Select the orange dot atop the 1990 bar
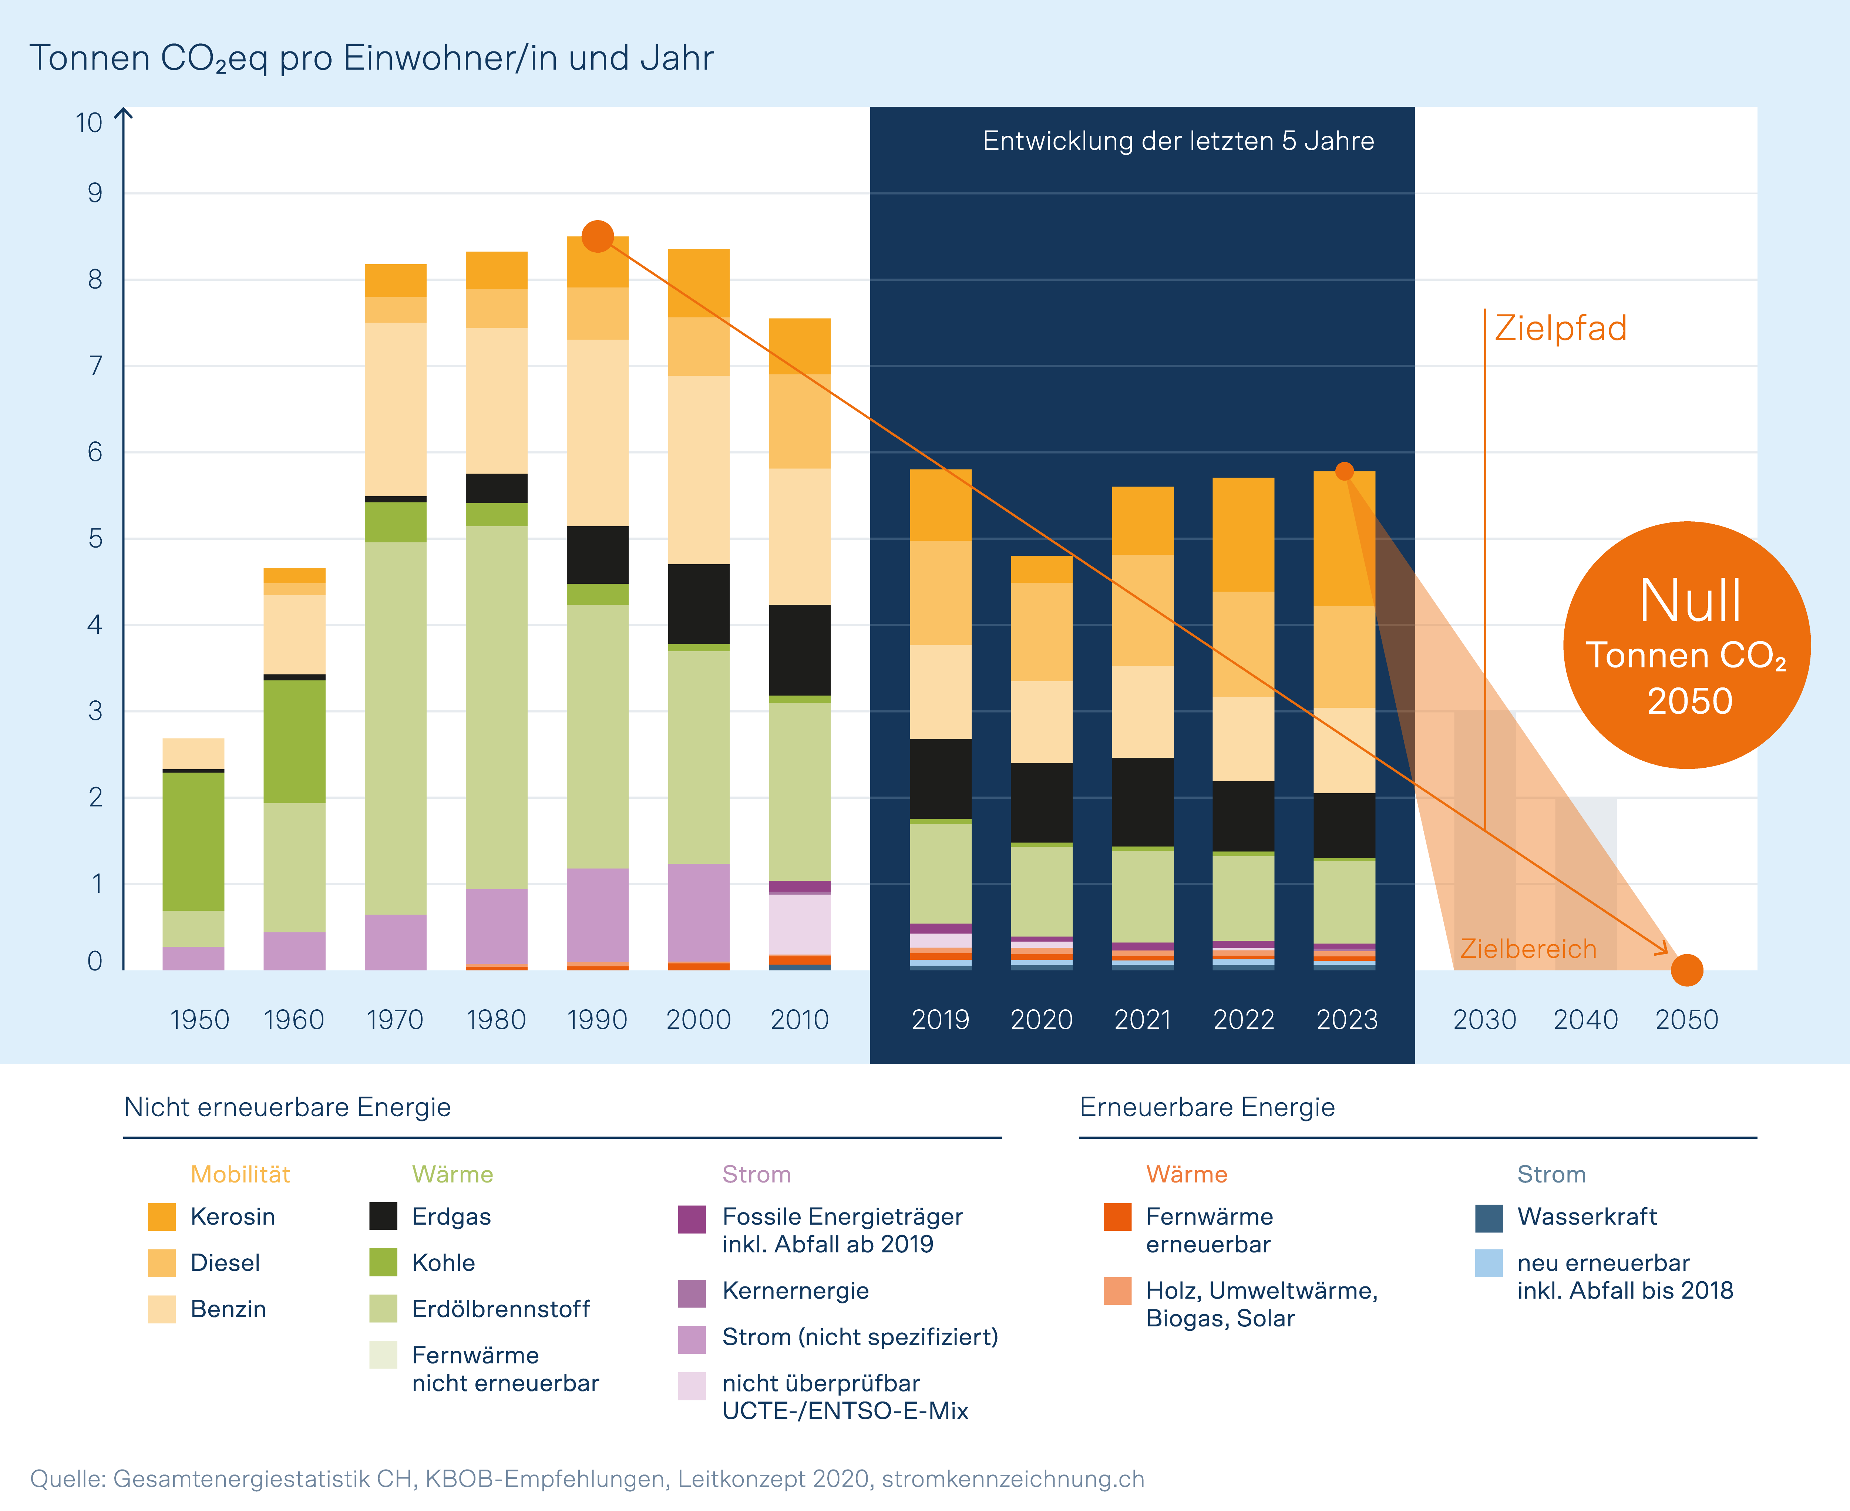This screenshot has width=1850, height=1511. (x=597, y=236)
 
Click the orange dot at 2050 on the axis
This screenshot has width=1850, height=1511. (x=1686, y=970)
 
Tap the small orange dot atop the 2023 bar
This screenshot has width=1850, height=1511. (x=1344, y=471)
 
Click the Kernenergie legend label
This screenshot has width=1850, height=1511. (x=795, y=1291)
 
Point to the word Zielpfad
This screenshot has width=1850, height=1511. (x=1560, y=328)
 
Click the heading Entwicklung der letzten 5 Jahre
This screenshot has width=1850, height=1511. (x=1178, y=141)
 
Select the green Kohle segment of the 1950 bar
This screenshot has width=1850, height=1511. (x=193, y=841)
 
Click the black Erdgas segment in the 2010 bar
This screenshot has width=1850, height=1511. (x=799, y=649)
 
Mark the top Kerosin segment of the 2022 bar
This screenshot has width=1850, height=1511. (x=1243, y=534)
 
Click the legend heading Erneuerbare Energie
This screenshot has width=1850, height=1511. (x=1207, y=1107)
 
